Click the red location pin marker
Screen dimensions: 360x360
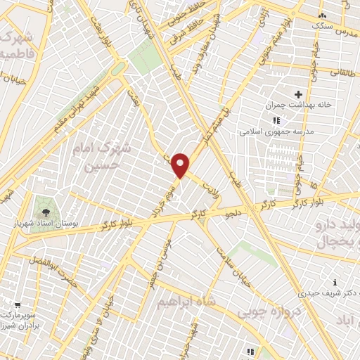click(x=181, y=165)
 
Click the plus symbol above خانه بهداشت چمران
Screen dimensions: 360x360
click(x=299, y=94)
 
